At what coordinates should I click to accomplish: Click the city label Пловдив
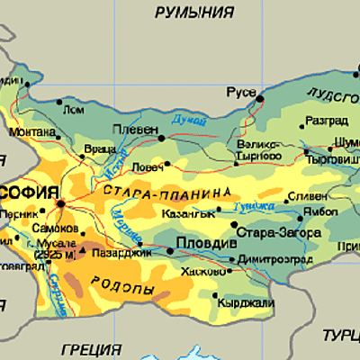tap(206, 243)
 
